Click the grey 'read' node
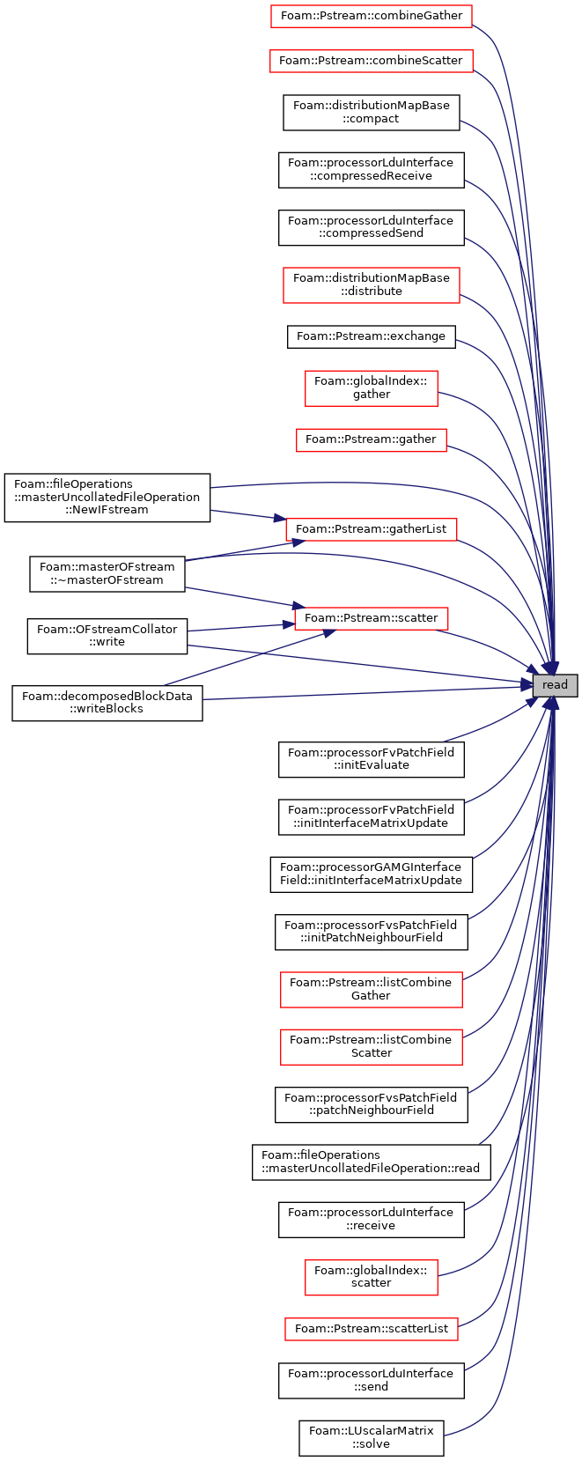click(x=555, y=685)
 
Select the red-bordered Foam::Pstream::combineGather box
click(x=371, y=16)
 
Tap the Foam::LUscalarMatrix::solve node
click(x=372, y=1437)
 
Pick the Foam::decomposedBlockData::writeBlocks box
click(x=107, y=703)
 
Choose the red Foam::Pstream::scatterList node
click(x=372, y=1329)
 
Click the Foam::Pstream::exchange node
click(x=372, y=336)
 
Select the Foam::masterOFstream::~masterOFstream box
click(x=107, y=574)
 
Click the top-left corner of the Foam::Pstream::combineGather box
click(x=271, y=4)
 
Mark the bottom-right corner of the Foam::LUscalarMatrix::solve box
click(x=444, y=1455)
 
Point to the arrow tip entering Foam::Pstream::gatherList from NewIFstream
click(x=286, y=520)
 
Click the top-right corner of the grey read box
click(x=578, y=674)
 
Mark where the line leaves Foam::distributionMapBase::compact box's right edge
click(x=460, y=120)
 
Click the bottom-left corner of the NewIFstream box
click(x=4, y=521)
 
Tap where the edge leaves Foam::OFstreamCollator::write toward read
click(x=188, y=646)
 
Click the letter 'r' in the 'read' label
click(x=544, y=685)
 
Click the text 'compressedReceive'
click(x=372, y=176)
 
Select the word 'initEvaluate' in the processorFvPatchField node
click(x=372, y=765)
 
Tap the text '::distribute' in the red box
click(x=372, y=291)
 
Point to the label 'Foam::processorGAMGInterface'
click(x=371, y=867)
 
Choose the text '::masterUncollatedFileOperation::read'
click(x=372, y=1168)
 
